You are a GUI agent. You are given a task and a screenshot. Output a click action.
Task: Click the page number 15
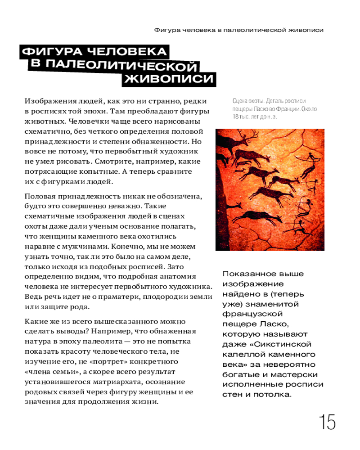327,423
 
